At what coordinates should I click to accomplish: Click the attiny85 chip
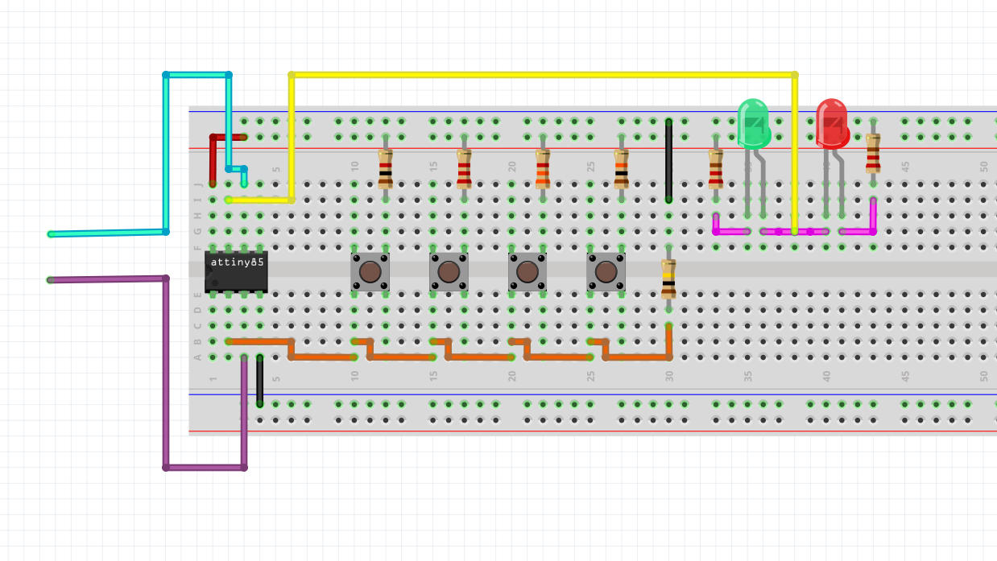(235, 271)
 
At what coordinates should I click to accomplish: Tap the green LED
(754, 123)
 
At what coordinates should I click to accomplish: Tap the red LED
(832, 123)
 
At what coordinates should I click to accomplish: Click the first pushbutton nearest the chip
(370, 271)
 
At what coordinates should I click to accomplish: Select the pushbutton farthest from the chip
(606, 271)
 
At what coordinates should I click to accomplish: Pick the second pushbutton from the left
(449, 271)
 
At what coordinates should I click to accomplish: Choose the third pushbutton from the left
(527, 271)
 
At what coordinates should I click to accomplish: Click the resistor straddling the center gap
(668, 278)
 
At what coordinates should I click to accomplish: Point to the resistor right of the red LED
(873, 154)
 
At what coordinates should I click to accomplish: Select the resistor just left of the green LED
(715, 168)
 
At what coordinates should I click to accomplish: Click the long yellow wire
(540, 75)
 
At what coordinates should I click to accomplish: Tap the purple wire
(166, 370)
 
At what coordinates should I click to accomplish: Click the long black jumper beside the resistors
(668, 161)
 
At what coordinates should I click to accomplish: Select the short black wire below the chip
(259, 380)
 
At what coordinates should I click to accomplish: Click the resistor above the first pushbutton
(386, 168)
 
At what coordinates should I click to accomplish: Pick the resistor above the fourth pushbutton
(621, 168)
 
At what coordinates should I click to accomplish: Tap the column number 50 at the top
(984, 167)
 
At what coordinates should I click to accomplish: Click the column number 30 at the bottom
(668, 376)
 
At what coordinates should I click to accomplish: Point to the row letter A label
(198, 357)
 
